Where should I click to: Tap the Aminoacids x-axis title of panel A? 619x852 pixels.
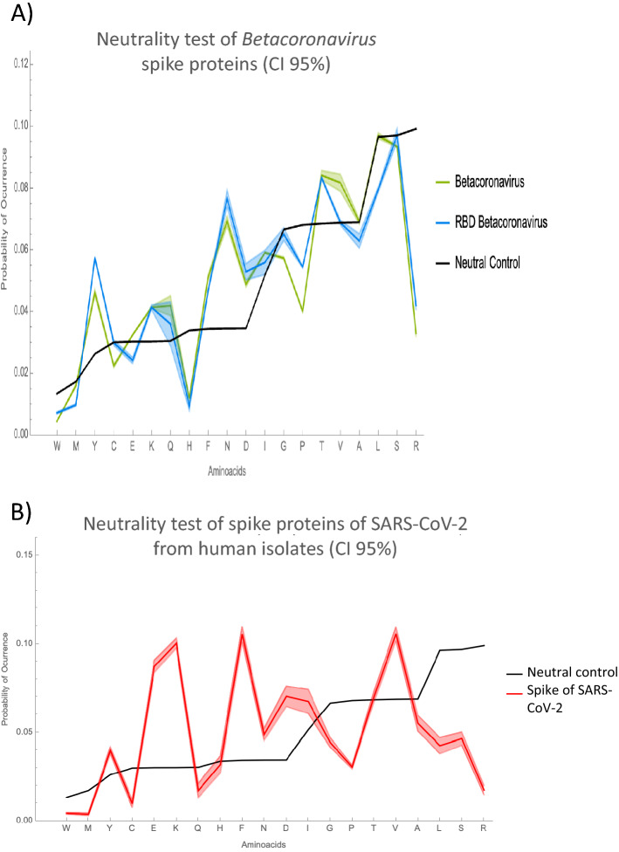pyautogui.click(x=237, y=469)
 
